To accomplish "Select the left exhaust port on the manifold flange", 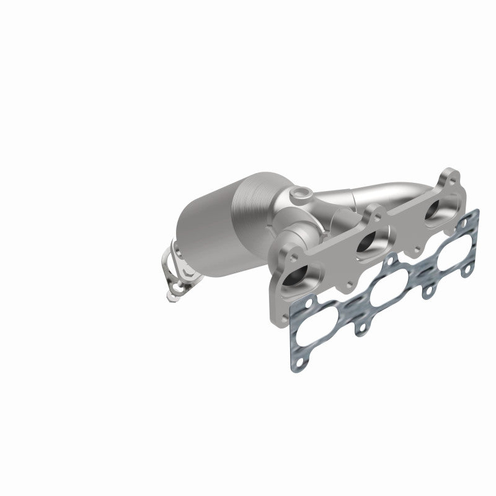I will click(x=296, y=278).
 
